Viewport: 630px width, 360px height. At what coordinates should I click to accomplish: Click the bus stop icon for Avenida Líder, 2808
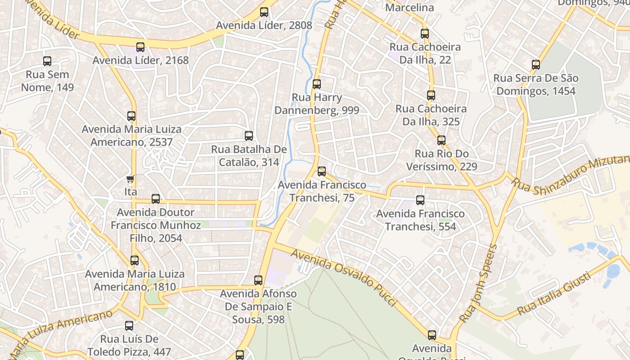click(x=264, y=12)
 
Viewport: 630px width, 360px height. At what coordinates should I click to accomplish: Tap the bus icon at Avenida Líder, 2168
click(x=140, y=47)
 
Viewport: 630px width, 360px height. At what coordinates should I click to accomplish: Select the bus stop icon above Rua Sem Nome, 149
click(x=47, y=61)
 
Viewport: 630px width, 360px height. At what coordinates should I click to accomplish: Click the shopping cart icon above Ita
click(x=130, y=180)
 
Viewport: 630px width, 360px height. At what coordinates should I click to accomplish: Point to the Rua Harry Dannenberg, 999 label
click(x=317, y=104)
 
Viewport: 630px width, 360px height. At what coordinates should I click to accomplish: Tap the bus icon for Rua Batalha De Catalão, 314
click(x=249, y=135)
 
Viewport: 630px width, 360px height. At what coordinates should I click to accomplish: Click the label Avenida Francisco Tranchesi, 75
click(x=322, y=191)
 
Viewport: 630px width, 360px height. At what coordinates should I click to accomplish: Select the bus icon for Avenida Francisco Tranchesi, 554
click(x=420, y=200)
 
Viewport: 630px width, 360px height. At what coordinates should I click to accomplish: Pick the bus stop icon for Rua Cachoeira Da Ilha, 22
click(x=425, y=33)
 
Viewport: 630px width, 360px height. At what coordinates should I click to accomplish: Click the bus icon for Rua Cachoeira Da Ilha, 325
click(x=431, y=95)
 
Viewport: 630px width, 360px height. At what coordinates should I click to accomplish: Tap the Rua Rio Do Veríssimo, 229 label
click(x=441, y=160)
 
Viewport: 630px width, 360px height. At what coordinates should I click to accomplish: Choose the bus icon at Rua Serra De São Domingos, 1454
click(x=535, y=65)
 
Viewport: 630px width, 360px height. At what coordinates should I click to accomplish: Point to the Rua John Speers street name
click(x=478, y=283)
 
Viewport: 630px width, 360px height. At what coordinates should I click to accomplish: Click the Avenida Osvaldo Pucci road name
click(x=346, y=275)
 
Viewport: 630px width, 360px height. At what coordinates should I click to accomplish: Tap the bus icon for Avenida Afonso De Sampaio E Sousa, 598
click(x=258, y=280)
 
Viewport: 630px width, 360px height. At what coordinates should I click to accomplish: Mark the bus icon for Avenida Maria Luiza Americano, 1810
click(x=135, y=260)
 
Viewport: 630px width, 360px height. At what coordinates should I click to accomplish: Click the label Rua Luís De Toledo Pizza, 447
click(x=129, y=345)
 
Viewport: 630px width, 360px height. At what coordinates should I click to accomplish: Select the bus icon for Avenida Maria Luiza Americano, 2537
click(x=131, y=116)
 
